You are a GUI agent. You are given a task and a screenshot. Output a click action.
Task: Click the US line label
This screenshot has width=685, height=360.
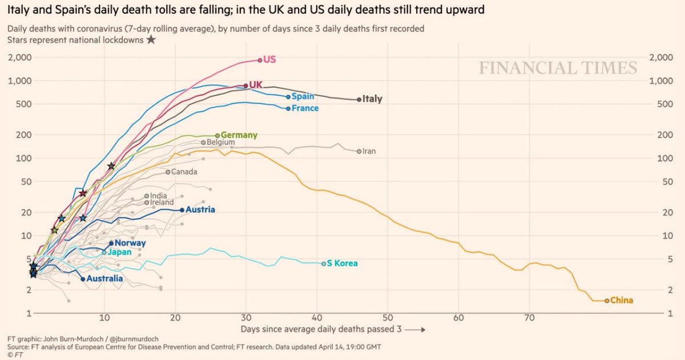[x=269, y=59]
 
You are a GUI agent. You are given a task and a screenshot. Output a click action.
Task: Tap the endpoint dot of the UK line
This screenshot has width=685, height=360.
[x=245, y=86]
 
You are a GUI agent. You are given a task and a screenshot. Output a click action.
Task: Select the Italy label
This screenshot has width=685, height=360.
[x=372, y=99]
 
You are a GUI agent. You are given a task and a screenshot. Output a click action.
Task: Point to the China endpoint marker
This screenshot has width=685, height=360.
[x=606, y=301]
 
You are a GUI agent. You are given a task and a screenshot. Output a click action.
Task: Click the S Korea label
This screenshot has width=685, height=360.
[x=342, y=264]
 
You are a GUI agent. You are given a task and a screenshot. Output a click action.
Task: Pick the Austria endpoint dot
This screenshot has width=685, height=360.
[x=182, y=210]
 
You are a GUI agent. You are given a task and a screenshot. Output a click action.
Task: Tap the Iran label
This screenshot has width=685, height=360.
[x=369, y=151]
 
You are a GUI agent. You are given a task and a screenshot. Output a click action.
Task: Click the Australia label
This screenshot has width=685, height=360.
[x=104, y=279]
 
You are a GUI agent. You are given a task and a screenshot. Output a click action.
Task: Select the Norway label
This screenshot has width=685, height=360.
[x=130, y=243]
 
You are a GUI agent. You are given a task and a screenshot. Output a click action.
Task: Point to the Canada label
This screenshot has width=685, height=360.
[x=184, y=172]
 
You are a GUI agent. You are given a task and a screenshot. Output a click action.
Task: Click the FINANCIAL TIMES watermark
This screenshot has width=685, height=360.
[x=558, y=68]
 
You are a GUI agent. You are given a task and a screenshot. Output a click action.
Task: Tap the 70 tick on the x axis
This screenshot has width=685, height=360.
[x=529, y=317]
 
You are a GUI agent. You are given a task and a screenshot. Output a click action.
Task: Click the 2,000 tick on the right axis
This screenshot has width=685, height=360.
[x=660, y=58]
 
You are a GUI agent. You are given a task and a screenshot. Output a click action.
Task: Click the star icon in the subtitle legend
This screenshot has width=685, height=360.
[x=151, y=39]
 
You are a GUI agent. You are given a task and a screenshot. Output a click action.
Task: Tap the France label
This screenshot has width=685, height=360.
[x=305, y=108]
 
